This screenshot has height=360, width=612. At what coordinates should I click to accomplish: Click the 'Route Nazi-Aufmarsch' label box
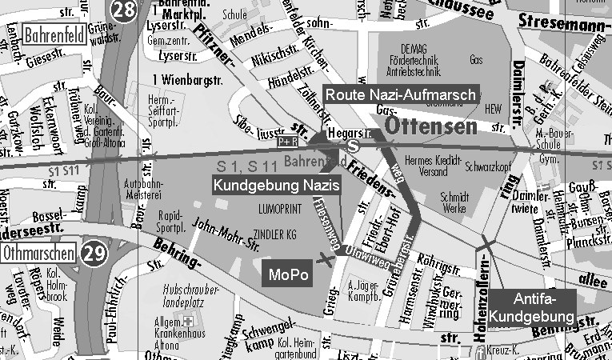pos(400,94)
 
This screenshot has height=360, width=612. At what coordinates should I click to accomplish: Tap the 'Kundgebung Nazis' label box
pos(277,185)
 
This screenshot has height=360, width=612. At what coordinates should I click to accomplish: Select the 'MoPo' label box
pos(286,275)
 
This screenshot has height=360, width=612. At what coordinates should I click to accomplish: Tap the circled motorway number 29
pos(94,254)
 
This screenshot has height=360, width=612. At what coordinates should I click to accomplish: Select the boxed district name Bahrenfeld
pos(55,35)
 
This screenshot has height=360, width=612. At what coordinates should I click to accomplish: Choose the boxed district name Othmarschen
pos(38,254)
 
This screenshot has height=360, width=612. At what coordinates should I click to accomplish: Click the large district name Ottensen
pos(431,127)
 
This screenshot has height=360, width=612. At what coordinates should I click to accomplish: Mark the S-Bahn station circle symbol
pos(353,146)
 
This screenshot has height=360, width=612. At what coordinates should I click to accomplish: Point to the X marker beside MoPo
pos(325,258)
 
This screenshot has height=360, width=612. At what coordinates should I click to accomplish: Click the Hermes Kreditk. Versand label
pos(434,165)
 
